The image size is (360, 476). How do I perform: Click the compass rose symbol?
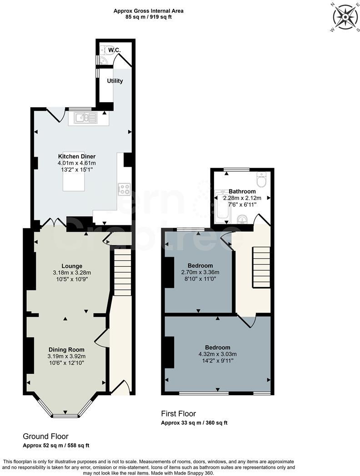pos(345,17)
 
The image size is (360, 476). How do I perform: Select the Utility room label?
pos(115,81)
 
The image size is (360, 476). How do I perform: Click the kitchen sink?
pos(85,119)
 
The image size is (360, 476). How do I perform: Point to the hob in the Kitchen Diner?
pos(124,189)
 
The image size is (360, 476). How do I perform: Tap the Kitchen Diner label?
pos(76,156)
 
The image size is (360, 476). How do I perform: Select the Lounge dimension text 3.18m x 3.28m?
pos(72,273)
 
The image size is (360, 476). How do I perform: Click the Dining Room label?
pos(67,349)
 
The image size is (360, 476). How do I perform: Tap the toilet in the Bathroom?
pos(261,179)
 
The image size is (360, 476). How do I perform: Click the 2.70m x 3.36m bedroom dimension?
pos(200,273)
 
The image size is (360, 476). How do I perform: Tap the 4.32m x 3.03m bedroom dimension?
pos(217,354)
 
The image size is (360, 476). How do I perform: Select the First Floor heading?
pos(178,414)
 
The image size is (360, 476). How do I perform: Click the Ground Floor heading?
pos(45,436)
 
